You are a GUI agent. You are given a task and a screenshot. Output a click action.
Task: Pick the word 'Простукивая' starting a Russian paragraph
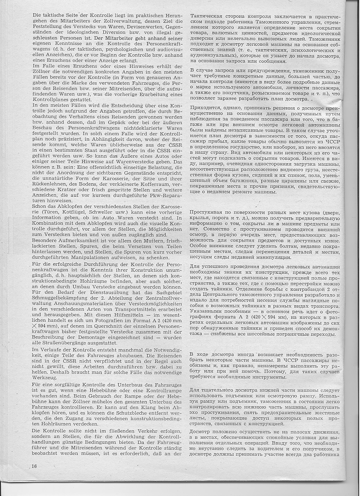coord(210,212)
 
